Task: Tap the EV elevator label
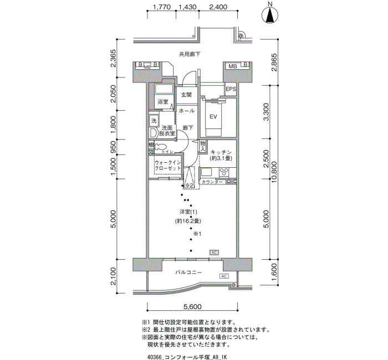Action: tap(213, 117)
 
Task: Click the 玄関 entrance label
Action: tap(186, 95)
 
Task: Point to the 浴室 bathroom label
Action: tap(162, 102)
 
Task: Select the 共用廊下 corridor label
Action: tap(189, 54)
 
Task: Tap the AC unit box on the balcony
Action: tap(224, 276)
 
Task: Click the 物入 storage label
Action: tap(203, 146)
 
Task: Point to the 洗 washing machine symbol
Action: tap(154, 121)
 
